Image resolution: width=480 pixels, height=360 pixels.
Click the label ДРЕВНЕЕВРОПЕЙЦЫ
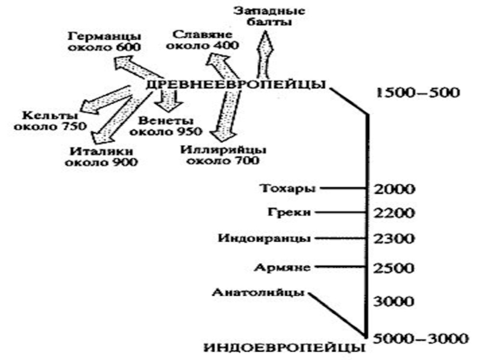(x=236, y=84)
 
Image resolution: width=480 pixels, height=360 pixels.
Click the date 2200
(x=394, y=213)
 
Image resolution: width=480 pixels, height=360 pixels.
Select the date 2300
(x=394, y=239)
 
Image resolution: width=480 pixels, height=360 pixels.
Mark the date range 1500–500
(x=416, y=93)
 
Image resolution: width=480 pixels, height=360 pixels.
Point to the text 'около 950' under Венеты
(x=166, y=131)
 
